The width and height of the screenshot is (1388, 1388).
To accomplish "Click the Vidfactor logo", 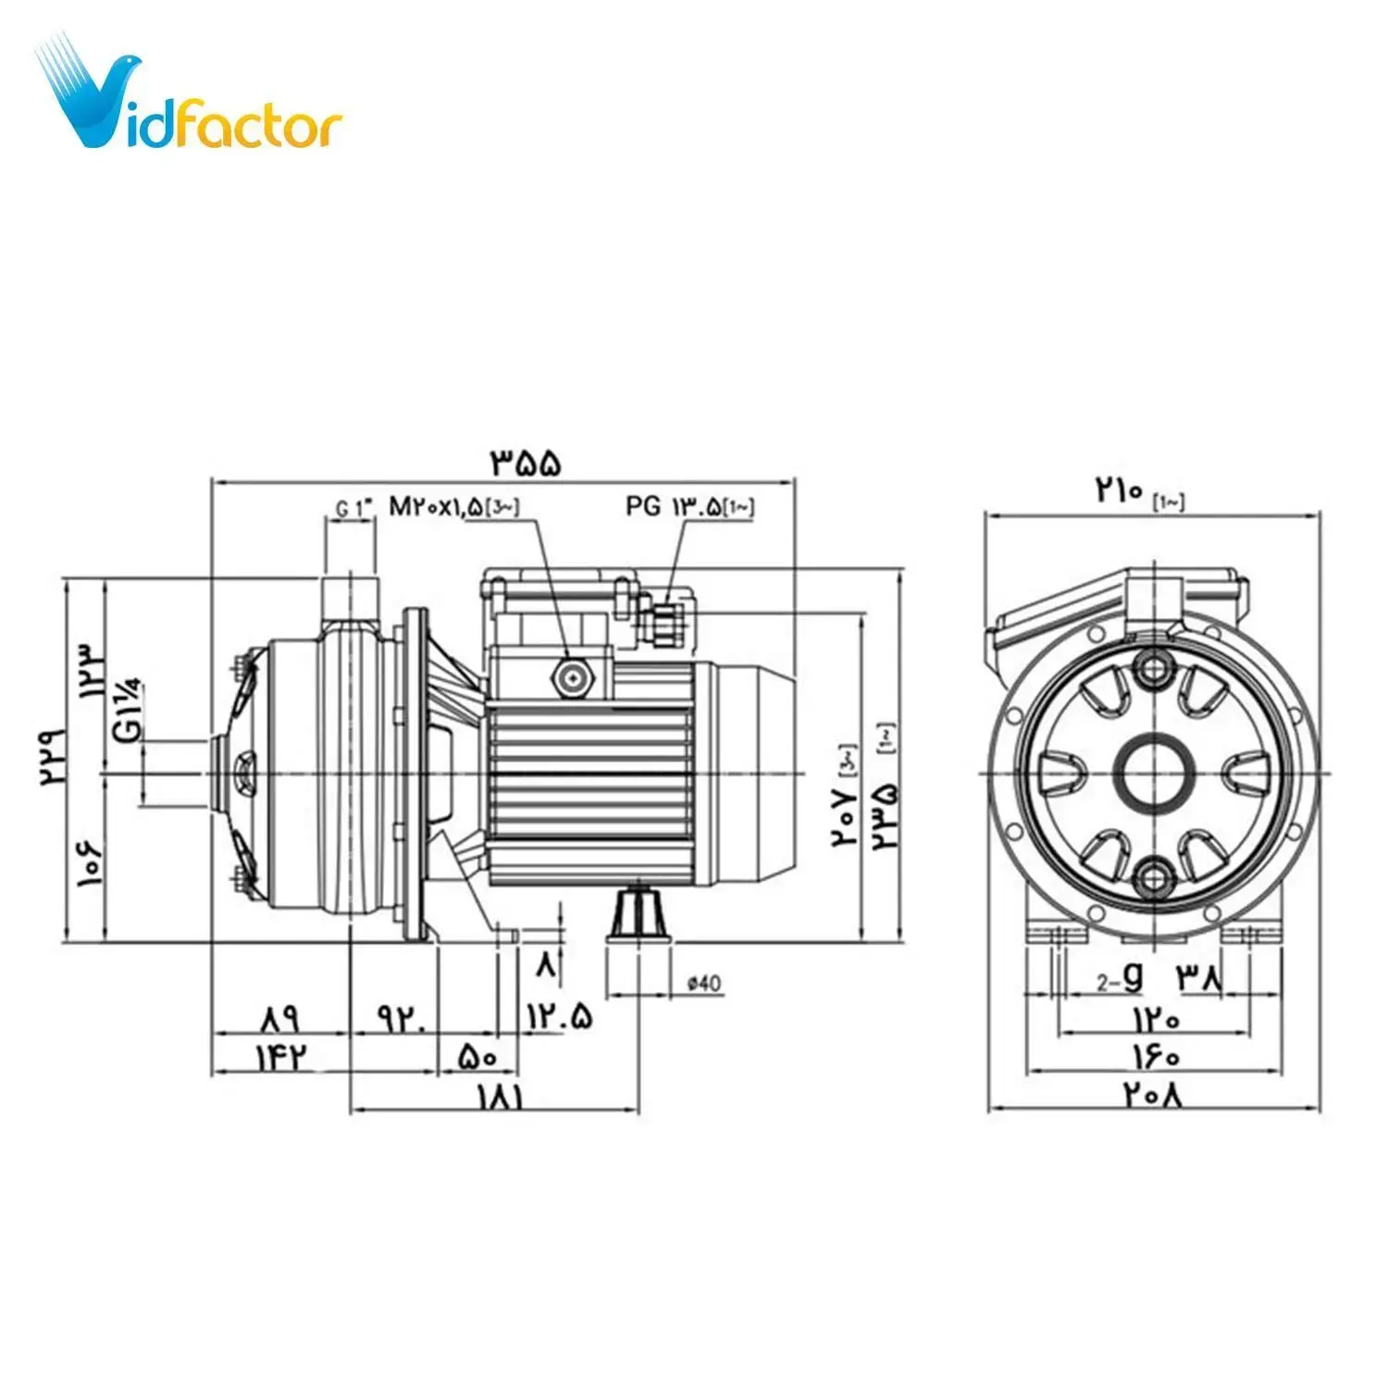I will [x=190, y=97].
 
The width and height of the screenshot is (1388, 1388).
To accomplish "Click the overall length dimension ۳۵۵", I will [x=526, y=463].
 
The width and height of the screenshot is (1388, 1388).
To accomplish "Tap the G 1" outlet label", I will [x=353, y=508].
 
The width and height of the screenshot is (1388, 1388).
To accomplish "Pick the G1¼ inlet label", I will [x=129, y=710].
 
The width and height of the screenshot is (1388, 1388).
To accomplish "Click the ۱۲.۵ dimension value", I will [x=559, y=1017].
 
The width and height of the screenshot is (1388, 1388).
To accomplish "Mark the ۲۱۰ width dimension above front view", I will [x=1121, y=490].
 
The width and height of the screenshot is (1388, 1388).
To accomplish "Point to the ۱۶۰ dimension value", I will [x=1154, y=1056].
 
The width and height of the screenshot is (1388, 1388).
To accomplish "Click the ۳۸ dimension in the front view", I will [x=1200, y=978].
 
